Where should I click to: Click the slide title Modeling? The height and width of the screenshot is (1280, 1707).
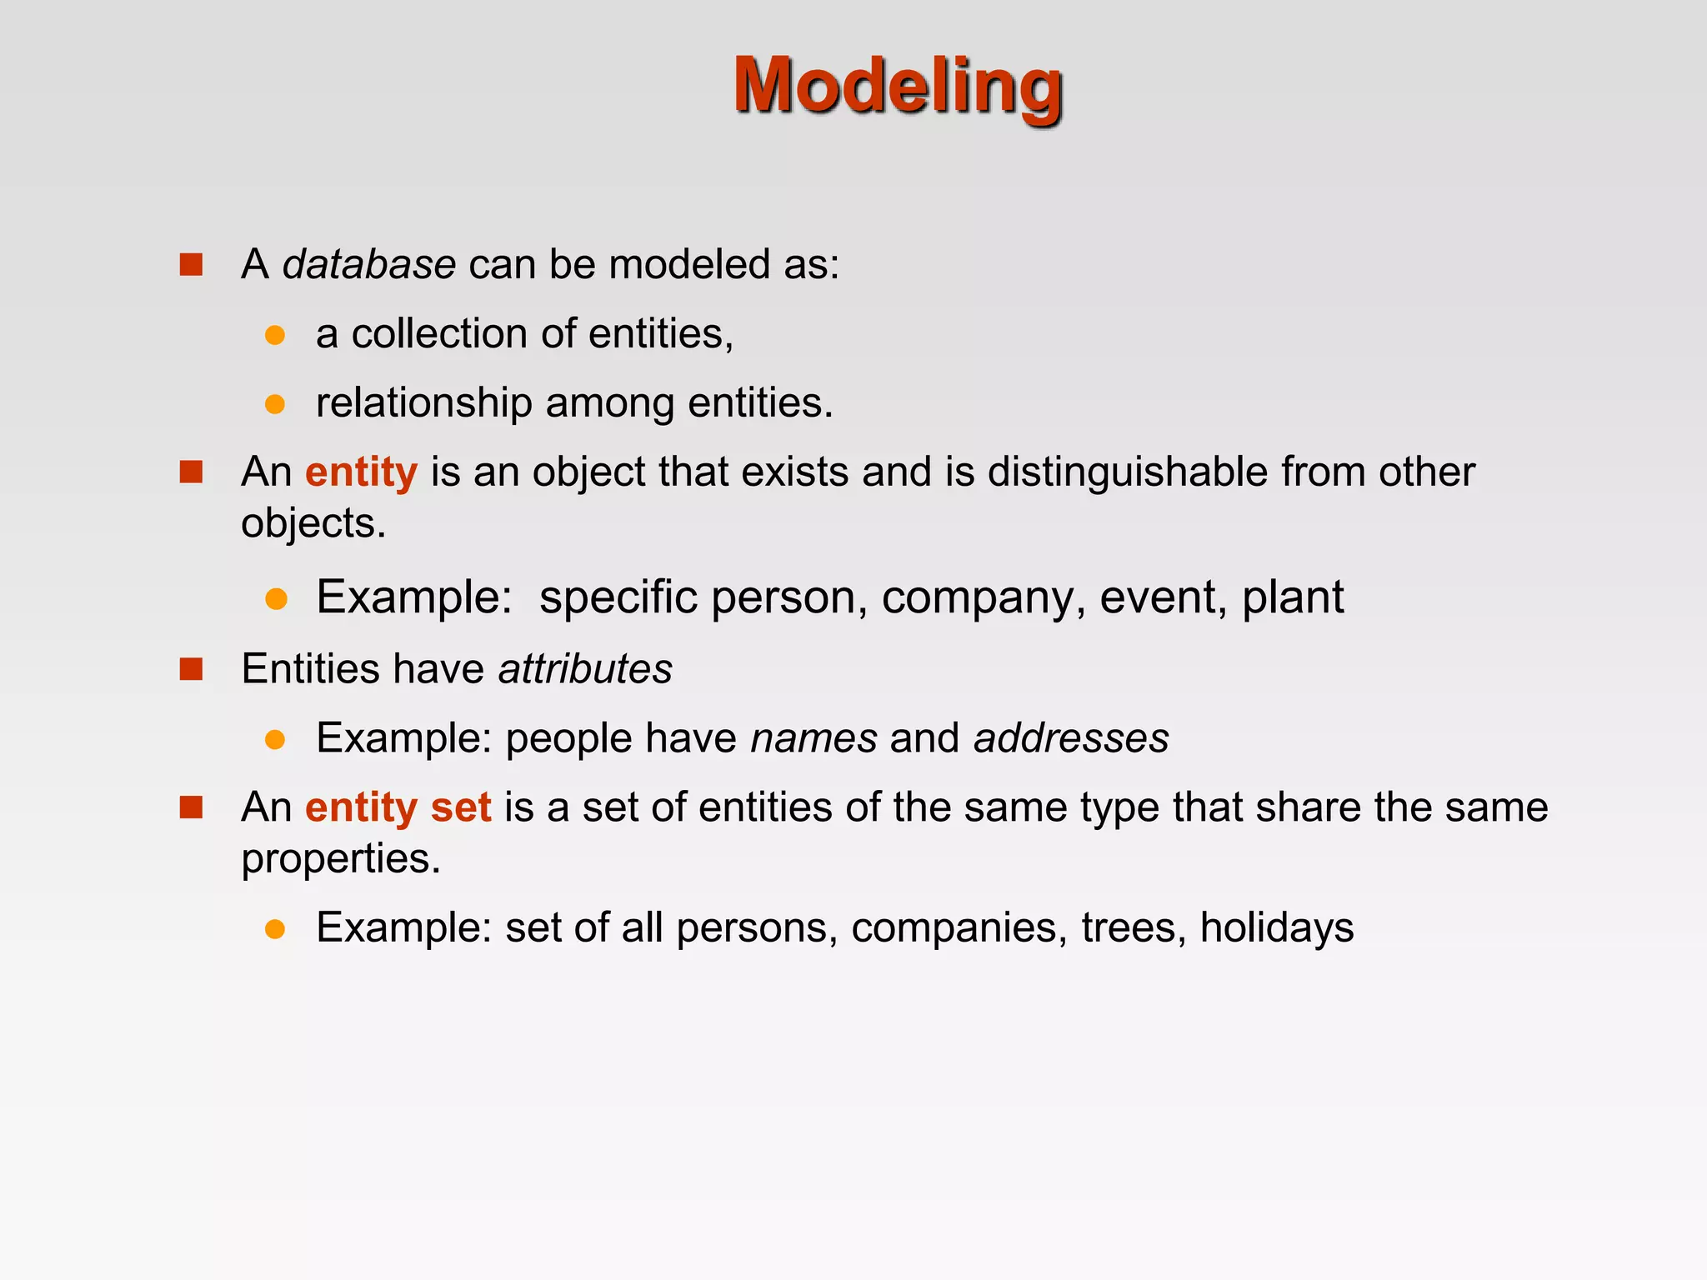tap(898, 87)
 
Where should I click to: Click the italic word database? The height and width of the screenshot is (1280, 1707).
tap(368, 265)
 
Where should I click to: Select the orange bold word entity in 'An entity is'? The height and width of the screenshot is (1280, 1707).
tap(361, 472)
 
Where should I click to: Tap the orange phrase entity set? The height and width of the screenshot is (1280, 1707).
tap(398, 808)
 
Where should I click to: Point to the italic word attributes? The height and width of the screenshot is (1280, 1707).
tap(585, 669)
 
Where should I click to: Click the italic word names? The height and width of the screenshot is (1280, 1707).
tap(813, 738)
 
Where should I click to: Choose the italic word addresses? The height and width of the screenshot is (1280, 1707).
tap(1071, 738)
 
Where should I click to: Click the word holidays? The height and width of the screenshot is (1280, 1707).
tap(1276, 928)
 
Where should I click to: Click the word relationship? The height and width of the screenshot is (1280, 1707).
tap(423, 403)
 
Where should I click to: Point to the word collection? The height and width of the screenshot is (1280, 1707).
tap(439, 334)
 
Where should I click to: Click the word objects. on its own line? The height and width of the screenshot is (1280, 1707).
tap(313, 524)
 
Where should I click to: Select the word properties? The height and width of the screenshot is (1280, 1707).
tap(340, 859)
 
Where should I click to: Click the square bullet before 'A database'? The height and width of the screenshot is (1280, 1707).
tap(191, 265)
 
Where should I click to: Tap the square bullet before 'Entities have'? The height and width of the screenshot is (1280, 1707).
tap(191, 669)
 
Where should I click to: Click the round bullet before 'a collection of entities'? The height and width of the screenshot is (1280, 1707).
tap(275, 336)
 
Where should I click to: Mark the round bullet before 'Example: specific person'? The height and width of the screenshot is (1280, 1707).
tap(276, 599)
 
